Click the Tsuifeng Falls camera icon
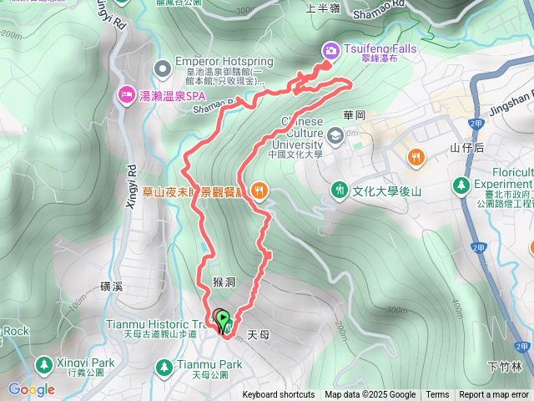click(331, 50)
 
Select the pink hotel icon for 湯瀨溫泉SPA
click(126, 92)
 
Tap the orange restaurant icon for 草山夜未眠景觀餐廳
click(259, 190)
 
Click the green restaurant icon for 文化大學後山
click(339, 190)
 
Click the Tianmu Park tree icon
click(164, 366)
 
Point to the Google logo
click(31, 389)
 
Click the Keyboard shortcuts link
click(279, 395)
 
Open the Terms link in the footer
click(437, 395)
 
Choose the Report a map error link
click(494, 395)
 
